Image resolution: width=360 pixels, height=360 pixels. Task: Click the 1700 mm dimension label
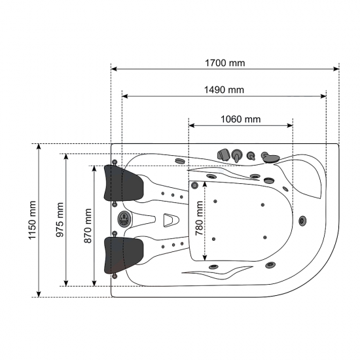click(225, 63)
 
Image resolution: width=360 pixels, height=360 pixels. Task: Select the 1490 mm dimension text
click(224, 90)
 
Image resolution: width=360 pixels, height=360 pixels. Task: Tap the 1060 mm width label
click(241, 119)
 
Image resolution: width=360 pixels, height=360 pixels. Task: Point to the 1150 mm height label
click(32, 220)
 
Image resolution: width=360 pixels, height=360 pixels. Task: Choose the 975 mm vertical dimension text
click(60, 220)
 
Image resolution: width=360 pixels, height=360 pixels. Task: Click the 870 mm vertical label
click(88, 226)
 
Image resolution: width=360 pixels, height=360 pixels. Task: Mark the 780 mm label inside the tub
click(199, 218)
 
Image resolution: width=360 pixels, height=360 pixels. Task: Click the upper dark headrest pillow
click(123, 183)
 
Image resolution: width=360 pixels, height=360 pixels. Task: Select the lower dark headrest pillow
click(123, 255)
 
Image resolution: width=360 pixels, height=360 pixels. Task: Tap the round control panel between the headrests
click(124, 219)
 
